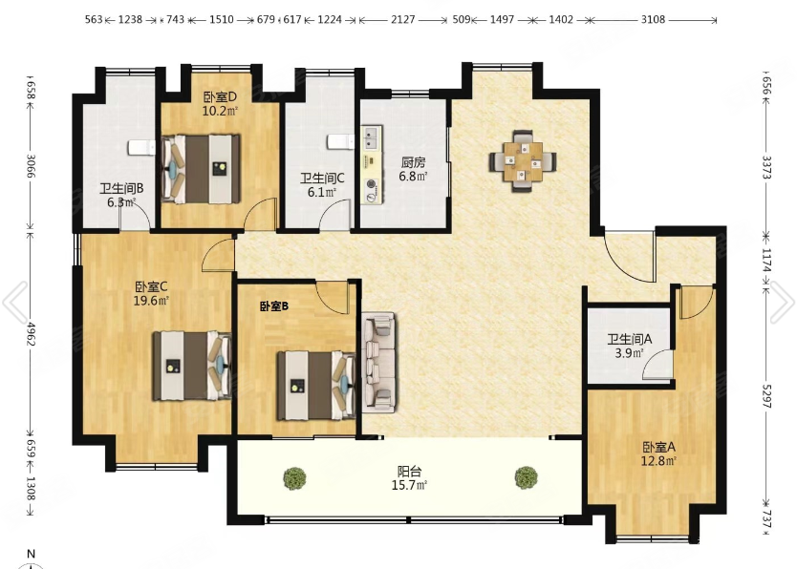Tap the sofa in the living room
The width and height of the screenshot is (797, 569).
[378, 360]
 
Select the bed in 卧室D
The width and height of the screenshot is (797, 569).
[201, 169]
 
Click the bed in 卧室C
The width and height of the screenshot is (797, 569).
[192, 366]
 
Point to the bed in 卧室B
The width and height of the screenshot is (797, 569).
[316, 386]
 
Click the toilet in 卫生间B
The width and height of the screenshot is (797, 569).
[141, 147]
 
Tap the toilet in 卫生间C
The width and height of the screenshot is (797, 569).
[340, 141]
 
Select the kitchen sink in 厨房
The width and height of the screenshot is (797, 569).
[372, 138]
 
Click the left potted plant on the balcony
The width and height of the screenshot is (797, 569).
[294, 478]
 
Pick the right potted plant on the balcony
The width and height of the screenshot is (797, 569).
[527, 477]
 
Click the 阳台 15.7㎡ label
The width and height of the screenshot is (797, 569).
[409, 478]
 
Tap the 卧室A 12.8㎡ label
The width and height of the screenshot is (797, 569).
[658, 454]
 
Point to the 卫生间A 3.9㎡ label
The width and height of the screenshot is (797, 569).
[630, 346]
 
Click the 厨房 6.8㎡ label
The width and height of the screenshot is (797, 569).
[413, 169]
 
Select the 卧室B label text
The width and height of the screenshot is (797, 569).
[274, 306]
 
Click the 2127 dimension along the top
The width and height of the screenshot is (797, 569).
[403, 20]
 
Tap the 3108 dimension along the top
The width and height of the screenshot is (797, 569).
[653, 19]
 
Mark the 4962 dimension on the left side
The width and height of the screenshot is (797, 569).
[31, 334]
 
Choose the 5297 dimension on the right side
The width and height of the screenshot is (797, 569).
[766, 396]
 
